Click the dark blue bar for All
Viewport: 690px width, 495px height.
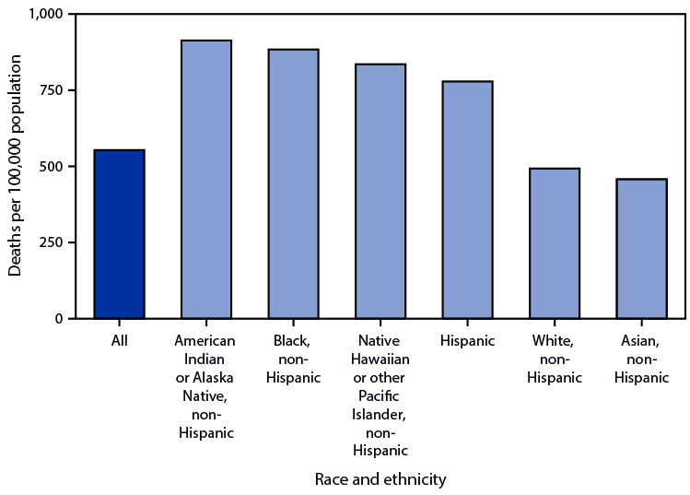[119, 234]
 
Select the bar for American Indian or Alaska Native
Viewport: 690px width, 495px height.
[206, 180]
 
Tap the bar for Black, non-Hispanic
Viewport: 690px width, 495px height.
[293, 184]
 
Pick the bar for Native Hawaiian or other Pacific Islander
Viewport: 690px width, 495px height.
[380, 192]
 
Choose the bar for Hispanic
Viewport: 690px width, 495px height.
[467, 200]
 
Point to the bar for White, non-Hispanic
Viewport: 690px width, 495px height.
[555, 243]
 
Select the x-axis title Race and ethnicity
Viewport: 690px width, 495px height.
[380, 478]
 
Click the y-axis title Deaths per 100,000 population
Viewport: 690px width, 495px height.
[16, 166]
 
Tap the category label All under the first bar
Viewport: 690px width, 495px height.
[119, 341]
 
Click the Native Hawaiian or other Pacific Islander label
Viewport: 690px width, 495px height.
[380, 396]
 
